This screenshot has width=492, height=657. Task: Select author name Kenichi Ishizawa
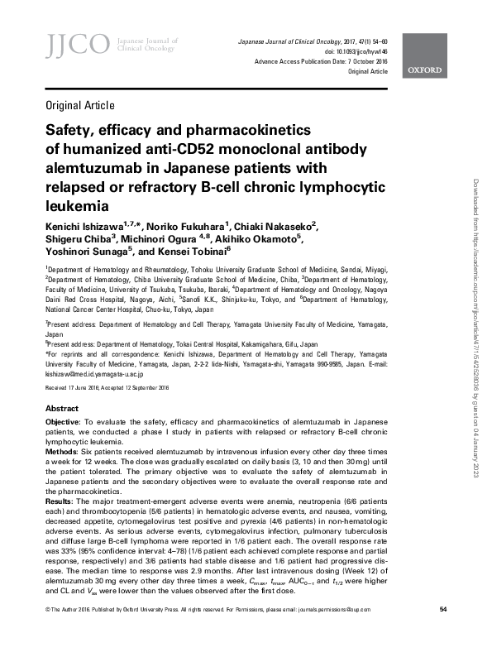pos(92,224)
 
